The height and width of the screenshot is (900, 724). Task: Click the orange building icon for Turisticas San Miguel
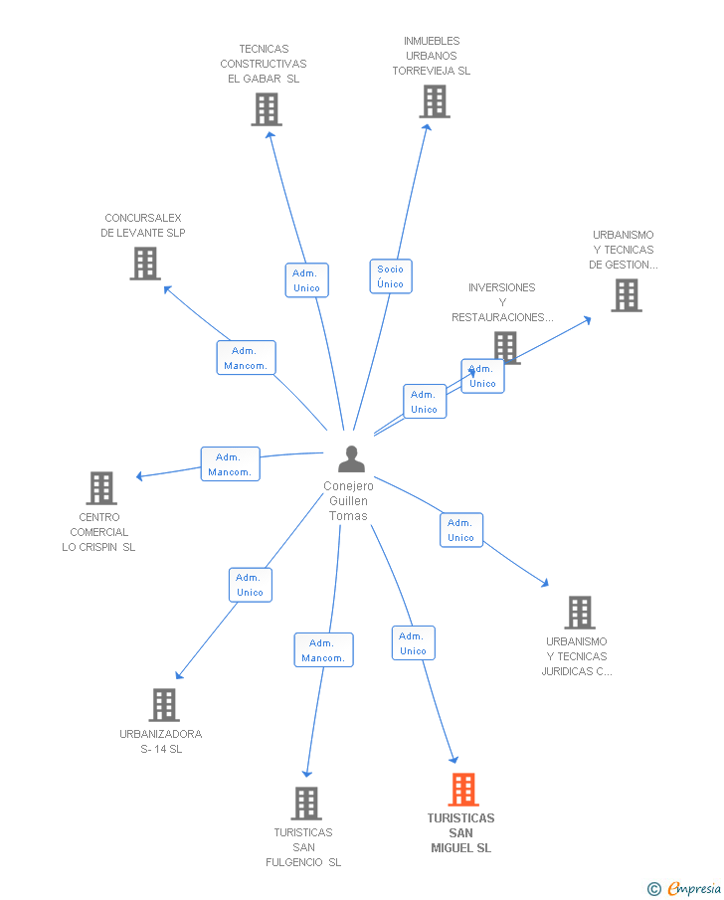click(463, 790)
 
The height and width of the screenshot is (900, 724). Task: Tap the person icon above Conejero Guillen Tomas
click(351, 458)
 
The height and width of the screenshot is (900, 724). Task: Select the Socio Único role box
click(391, 276)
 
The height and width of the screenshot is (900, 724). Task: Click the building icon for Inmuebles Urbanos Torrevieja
click(435, 101)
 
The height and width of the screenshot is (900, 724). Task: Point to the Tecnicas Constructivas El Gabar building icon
click(267, 109)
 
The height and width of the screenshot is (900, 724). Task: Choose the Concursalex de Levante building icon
click(145, 264)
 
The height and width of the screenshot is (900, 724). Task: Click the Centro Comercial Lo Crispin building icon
click(101, 488)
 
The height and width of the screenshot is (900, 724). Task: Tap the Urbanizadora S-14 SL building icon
click(164, 705)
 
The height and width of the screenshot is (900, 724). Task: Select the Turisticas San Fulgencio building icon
click(306, 803)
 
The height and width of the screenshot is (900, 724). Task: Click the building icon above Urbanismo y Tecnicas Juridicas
click(580, 613)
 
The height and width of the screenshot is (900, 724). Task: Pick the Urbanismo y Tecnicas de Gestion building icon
click(627, 295)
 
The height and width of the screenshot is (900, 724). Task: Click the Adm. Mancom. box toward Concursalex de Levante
click(247, 358)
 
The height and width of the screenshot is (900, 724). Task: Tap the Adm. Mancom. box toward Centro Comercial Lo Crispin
click(231, 463)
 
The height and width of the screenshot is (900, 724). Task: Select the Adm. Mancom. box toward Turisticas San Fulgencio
click(324, 649)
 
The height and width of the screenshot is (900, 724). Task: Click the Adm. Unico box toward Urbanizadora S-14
click(251, 585)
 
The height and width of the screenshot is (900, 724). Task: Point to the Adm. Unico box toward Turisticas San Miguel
click(414, 642)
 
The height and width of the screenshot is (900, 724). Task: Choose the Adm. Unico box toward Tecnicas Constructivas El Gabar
click(307, 280)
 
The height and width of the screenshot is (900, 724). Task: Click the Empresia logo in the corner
click(684, 888)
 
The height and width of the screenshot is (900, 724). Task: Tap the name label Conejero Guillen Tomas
click(348, 501)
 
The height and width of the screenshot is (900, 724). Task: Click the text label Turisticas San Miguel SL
click(461, 832)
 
